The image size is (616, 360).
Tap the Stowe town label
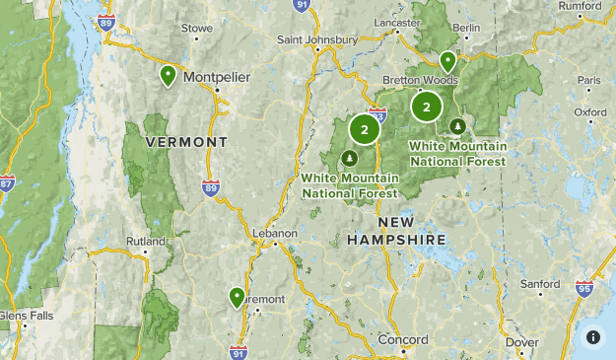point(196,30)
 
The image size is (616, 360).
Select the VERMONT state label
point(186,142)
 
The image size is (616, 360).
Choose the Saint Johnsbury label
point(316,40)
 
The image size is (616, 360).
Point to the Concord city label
point(403,339)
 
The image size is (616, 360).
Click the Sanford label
point(539,284)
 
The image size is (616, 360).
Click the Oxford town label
point(589,112)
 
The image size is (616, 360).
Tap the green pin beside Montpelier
point(169,75)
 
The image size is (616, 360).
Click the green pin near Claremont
point(237,296)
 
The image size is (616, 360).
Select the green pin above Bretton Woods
point(448,61)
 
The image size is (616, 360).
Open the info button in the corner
point(593,336)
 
